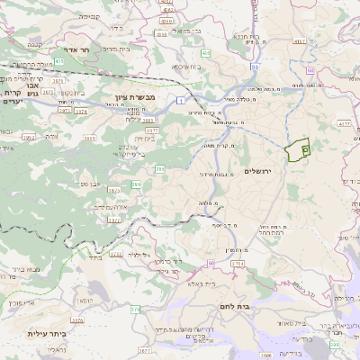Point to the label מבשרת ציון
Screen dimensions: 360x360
(136, 96)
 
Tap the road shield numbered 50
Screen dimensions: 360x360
(256, 67)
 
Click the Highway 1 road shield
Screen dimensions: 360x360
(181, 97)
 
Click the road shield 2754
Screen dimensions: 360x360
(238, 263)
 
